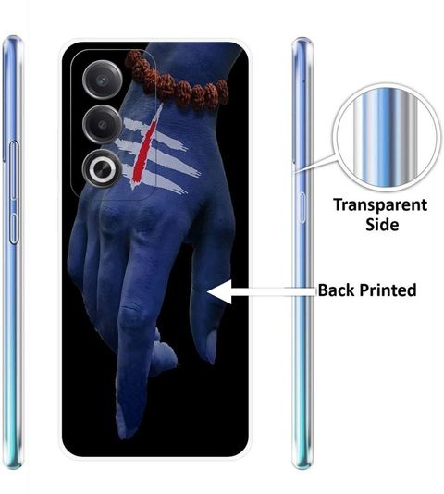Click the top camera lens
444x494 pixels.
[x=102, y=80]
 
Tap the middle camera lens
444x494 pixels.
[x=102, y=124]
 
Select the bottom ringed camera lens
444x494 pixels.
[x=102, y=169]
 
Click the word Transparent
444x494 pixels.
[x=380, y=205]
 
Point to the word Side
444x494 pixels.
[x=382, y=225]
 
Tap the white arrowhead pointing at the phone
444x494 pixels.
[x=219, y=291]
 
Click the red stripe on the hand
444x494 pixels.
[x=145, y=146]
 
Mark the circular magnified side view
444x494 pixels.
[x=386, y=136]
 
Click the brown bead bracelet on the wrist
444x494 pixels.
[x=177, y=82]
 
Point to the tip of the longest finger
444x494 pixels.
[x=124, y=437]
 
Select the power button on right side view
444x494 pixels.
[x=302, y=207]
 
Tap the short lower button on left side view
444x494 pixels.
[x=14, y=228]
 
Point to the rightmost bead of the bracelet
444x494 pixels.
[x=223, y=92]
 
